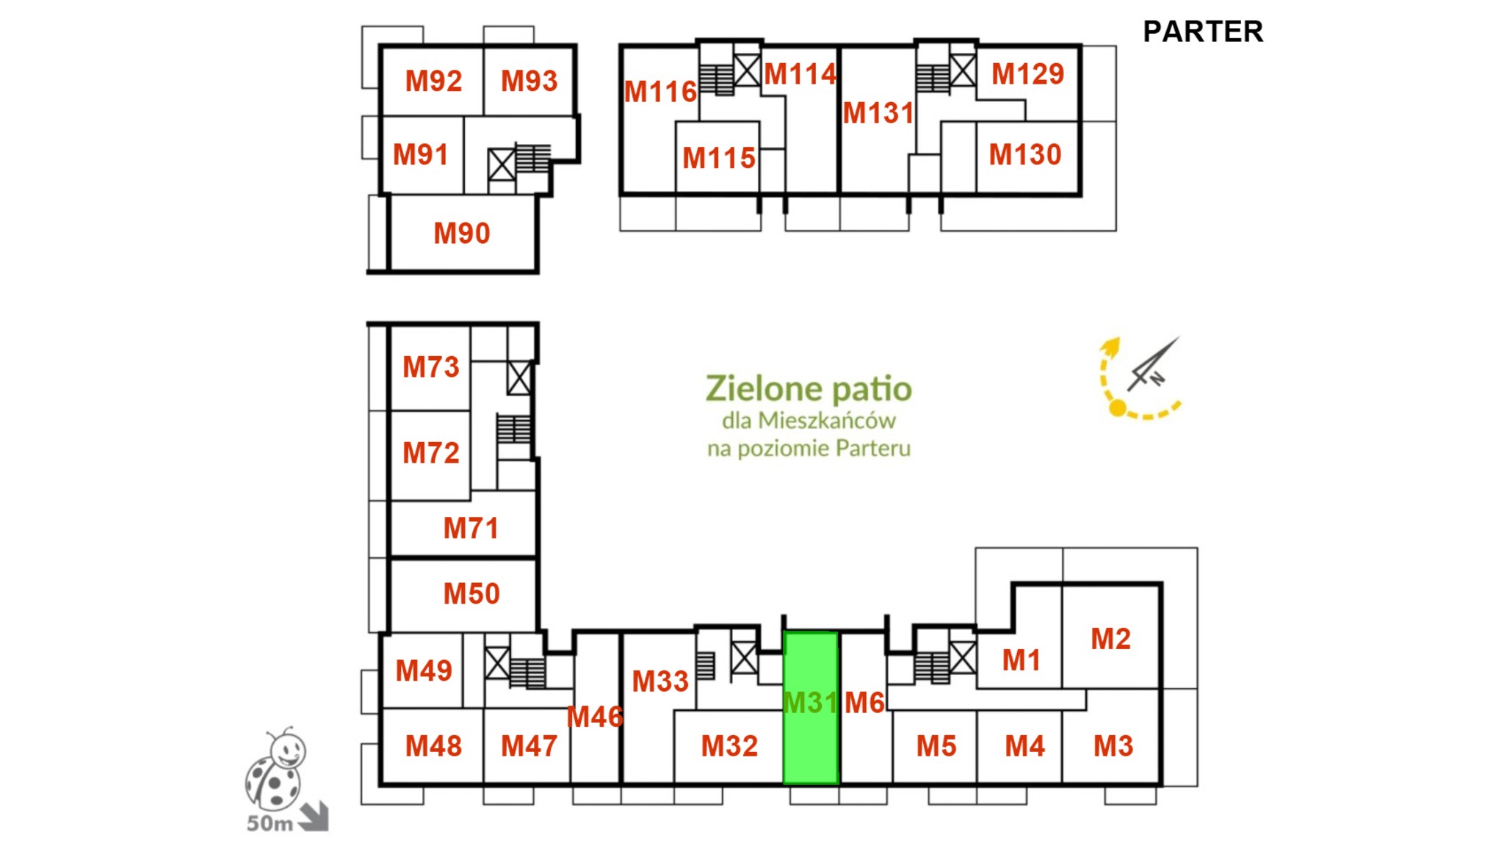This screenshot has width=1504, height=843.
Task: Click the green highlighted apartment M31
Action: pyautogui.click(x=811, y=708)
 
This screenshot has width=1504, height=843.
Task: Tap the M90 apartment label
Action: pyautogui.click(x=462, y=234)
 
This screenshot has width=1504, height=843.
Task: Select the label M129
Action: pyautogui.click(x=1027, y=74)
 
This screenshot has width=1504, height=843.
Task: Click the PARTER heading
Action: pyautogui.click(x=1203, y=32)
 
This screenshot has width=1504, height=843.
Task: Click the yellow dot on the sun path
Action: pyautogui.click(x=1117, y=408)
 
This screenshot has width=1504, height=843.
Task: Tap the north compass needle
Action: pyautogui.click(x=1153, y=364)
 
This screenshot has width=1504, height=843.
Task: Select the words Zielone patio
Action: pyautogui.click(x=809, y=389)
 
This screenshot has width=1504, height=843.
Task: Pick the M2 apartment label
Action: pyautogui.click(x=1110, y=639)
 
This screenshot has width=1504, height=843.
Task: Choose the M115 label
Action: pyautogui.click(x=719, y=158)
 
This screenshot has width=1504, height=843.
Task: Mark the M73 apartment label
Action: pyautogui.click(x=431, y=366)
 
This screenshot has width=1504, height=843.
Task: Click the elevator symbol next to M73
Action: pyautogui.click(x=519, y=378)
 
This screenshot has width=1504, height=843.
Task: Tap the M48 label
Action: pyautogui.click(x=434, y=746)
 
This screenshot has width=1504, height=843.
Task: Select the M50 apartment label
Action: pyautogui.click(x=471, y=593)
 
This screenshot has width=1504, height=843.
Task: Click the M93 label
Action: pyautogui.click(x=529, y=81)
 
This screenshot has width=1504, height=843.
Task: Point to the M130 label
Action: pyautogui.click(x=1025, y=155)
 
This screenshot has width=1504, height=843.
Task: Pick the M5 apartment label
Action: pyautogui.click(x=936, y=746)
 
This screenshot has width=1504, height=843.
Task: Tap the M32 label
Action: pyautogui.click(x=729, y=746)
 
